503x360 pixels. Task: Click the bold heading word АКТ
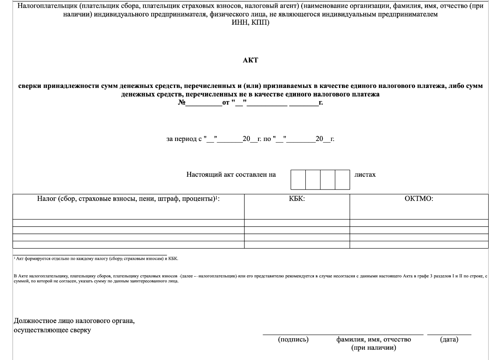[251, 60]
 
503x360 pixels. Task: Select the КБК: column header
[297, 199]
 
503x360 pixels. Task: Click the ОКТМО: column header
[419, 199]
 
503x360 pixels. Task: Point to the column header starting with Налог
[129, 199]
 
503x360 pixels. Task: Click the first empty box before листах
[298, 180]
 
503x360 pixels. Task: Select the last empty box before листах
[342, 180]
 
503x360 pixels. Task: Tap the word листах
[365, 175]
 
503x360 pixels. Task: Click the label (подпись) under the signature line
[293, 339]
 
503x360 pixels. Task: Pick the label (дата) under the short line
[449, 339]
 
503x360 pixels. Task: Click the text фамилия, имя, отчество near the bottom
[374, 339]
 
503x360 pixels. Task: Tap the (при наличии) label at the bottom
[374, 348]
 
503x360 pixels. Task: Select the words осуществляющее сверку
[53, 330]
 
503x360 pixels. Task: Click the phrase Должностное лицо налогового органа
[74, 321]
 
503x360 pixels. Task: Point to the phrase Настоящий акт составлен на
[231, 175]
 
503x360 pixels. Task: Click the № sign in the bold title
[182, 102]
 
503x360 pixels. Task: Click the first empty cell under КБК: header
[297, 223]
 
